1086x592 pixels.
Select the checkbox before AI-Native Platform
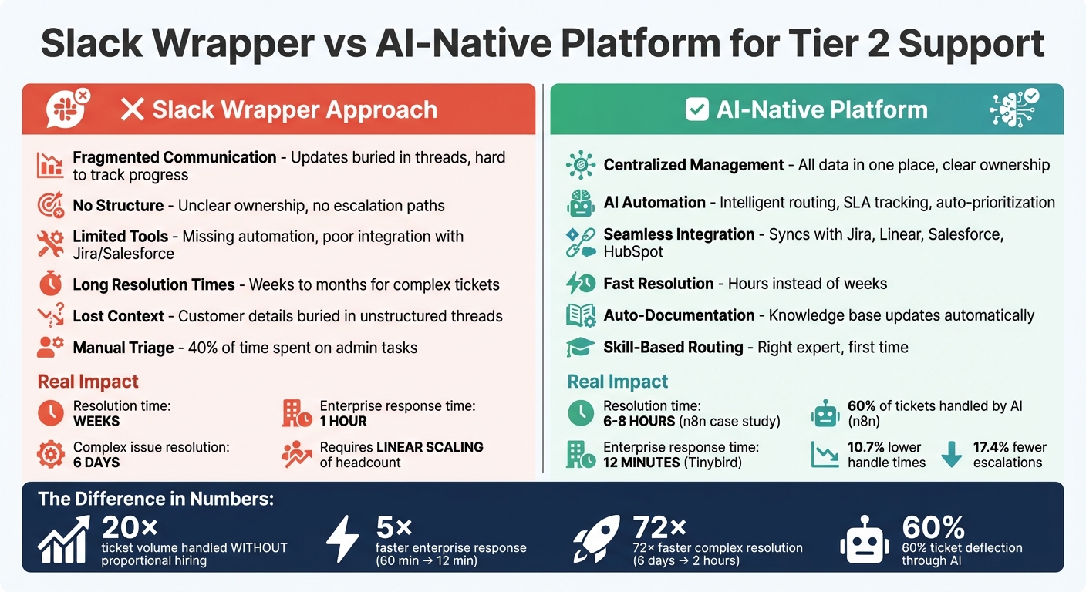coord(696,109)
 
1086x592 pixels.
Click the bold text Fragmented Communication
coord(174,157)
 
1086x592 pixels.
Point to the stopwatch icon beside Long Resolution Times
coord(51,284)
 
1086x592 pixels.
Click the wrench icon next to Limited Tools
coord(51,244)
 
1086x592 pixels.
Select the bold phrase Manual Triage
coord(123,348)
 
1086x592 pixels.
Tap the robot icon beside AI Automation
coord(580,203)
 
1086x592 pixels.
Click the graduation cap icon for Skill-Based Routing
coord(580,348)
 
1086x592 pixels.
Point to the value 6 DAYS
coord(96,462)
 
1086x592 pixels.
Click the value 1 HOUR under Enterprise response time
coord(343,421)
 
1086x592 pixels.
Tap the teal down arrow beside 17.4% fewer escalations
coord(952,454)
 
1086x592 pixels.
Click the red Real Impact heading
coord(88,382)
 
